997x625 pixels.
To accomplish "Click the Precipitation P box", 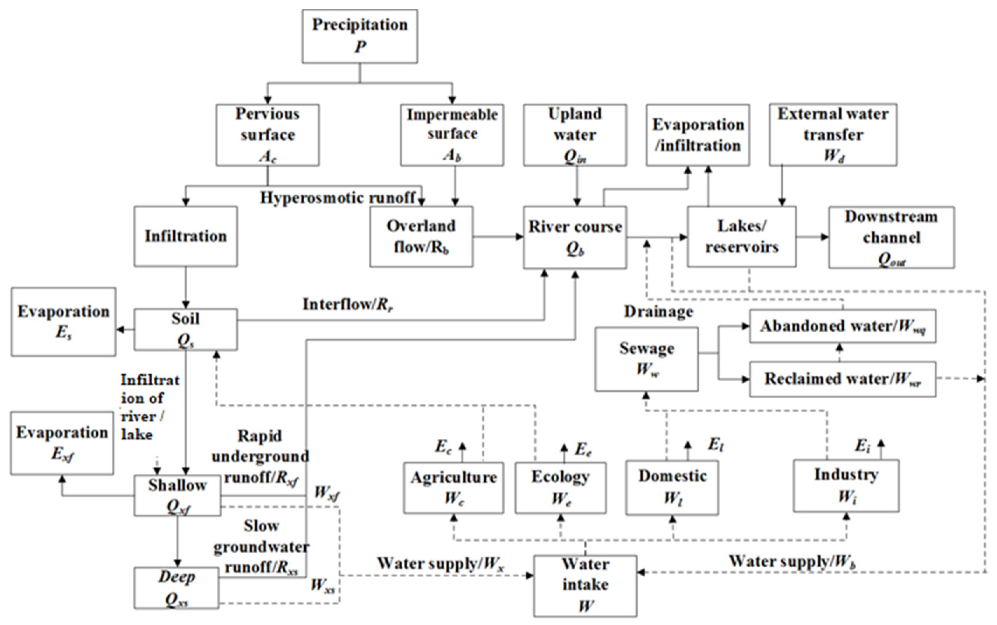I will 359,36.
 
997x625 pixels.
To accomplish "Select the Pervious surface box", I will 268,135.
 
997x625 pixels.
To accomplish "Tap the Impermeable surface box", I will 452,135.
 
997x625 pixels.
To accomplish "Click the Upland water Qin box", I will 575,135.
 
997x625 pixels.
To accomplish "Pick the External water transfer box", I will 832,135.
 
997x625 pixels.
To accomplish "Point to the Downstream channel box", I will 891,237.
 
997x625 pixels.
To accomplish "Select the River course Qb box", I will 575,237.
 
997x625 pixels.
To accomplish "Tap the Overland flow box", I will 421,236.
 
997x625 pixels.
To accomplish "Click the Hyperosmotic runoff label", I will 337,197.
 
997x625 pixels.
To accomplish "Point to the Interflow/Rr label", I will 347,304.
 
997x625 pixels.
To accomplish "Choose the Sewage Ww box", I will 646,359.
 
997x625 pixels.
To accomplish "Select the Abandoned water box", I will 843,326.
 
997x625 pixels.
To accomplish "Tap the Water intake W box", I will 585,586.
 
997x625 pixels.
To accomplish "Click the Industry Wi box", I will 846,486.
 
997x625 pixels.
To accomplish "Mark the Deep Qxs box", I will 176,588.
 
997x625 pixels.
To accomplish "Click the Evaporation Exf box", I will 62,443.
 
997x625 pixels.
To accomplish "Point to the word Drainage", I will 658,312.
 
